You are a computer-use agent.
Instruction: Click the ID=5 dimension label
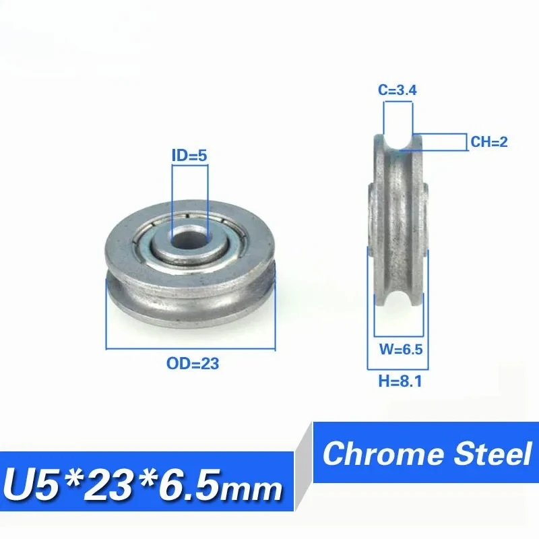click(189, 155)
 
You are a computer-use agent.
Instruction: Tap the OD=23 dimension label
click(192, 364)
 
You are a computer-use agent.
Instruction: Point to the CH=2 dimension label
click(488, 142)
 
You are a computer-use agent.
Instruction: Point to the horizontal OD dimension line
click(191, 348)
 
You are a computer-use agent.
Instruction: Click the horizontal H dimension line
click(395, 369)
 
